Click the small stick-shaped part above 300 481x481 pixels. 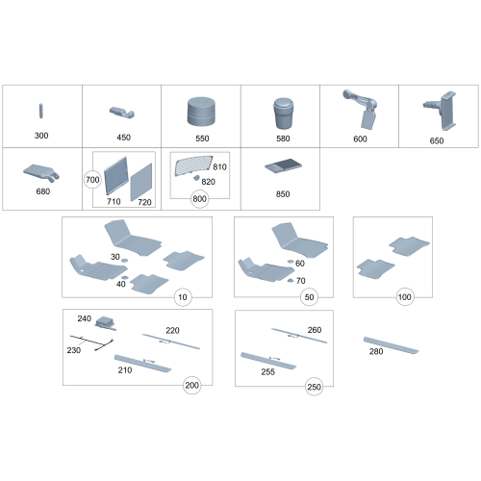[x=41, y=111]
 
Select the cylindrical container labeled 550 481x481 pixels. [x=201, y=112]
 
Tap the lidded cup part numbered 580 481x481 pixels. [x=283, y=114]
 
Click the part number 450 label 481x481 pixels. [x=123, y=138]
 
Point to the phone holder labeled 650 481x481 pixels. [x=441, y=110]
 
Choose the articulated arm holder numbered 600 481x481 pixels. [x=362, y=109]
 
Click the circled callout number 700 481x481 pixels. [x=92, y=180]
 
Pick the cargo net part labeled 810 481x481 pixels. [x=193, y=165]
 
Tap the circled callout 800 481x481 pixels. [x=199, y=199]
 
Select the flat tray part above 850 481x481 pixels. [x=284, y=165]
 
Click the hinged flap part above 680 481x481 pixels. [x=41, y=172]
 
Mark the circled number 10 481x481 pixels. [x=183, y=297]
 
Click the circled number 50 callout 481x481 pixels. [x=309, y=297]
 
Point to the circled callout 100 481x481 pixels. [x=405, y=297]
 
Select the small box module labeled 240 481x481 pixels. [x=105, y=322]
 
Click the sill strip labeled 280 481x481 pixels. [x=391, y=345]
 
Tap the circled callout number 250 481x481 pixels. [x=314, y=387]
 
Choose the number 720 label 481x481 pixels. [x=144, y=202]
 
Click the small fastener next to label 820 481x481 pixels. [x=196, y=177]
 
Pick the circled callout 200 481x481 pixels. [x=191, y=385]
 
